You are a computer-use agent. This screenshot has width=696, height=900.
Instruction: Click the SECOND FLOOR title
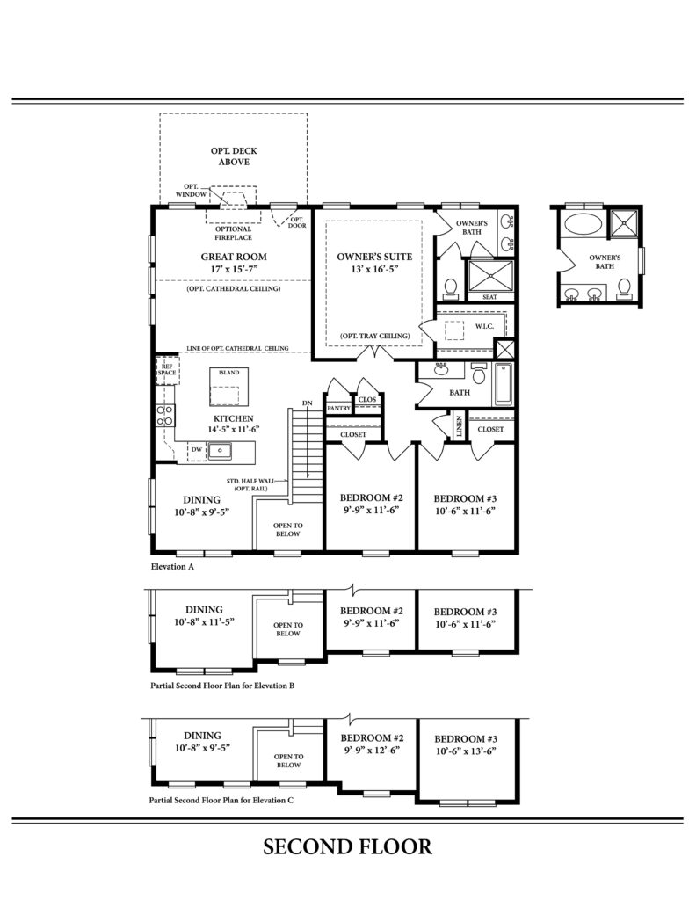pos(347,847)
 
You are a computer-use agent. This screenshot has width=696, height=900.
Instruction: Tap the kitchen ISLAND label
pos(229,373)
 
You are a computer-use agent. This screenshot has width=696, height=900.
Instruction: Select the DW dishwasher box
pos(197,450)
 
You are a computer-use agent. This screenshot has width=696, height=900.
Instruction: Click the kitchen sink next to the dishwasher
pos(220,451)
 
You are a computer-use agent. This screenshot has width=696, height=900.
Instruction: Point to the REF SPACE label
pos(167,369)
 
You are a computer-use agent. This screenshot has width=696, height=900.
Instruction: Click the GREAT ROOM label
pos(234,257)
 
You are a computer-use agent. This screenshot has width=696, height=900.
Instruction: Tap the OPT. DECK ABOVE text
pos(234,156)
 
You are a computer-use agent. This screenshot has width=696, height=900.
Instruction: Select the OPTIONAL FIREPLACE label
pos(234,233)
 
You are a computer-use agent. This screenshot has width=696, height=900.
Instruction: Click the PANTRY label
pos(338,408)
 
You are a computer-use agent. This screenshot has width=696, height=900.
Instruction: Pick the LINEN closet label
pos(459,427)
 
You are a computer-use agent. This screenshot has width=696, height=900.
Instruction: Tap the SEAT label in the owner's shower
pos(490,297)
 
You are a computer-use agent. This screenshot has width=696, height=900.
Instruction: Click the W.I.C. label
pos(484,326)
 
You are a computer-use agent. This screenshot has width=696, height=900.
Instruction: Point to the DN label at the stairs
pos(308,403)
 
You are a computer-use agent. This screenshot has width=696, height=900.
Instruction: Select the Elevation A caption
pos(173,567)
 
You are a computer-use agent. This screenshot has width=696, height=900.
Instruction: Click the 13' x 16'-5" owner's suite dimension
pos(374,269)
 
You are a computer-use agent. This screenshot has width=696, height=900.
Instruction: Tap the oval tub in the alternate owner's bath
pos(583,223)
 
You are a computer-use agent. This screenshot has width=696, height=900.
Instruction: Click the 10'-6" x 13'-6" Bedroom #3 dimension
pos(466,751)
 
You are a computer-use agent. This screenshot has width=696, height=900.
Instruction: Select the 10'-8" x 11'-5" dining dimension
pos(204,621)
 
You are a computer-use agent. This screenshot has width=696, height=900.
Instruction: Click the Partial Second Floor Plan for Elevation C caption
pos(221,800)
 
